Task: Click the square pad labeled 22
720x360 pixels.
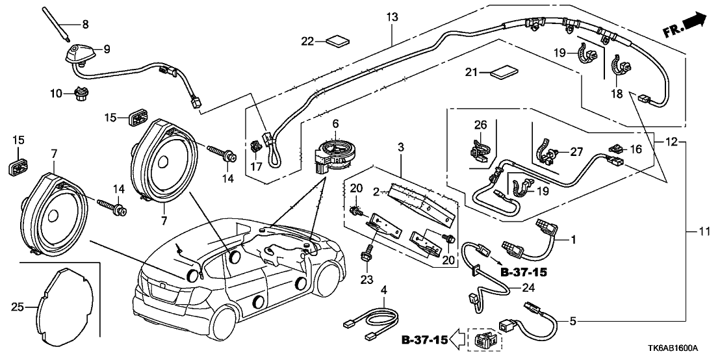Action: point(337,42)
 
